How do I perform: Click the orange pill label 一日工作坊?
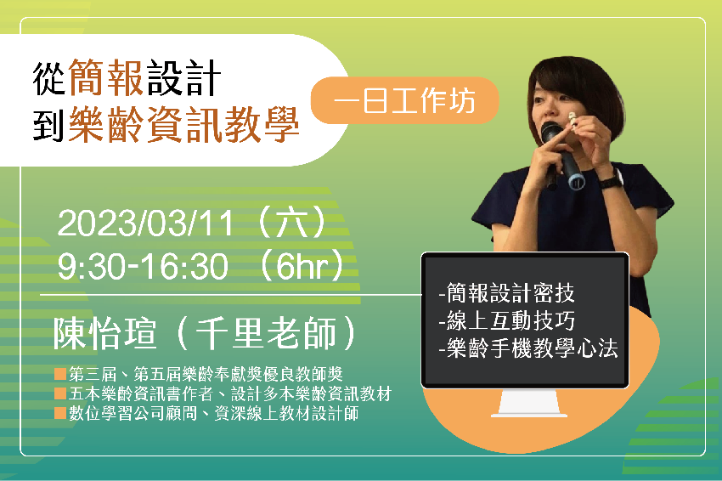[404, 100]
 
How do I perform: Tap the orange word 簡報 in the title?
[107, 78]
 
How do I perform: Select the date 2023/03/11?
[145, 223]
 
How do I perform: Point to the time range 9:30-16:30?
[143, 266]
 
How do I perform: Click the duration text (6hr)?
[302, 265]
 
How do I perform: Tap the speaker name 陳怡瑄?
[105, 332]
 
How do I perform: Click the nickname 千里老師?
[267, 332]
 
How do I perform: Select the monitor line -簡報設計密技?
[506, 293]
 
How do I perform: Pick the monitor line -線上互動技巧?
[506, 320]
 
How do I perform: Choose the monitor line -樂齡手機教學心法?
[528, 348]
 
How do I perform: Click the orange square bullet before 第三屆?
[60, 373]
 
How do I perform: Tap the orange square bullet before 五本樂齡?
[60, 393]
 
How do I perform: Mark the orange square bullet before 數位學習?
[60, 412]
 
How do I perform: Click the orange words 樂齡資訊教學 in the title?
[184, 125]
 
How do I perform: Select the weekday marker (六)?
[293, 222]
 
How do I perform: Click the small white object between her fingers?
[573, 117]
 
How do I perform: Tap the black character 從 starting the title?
[48, 78]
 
